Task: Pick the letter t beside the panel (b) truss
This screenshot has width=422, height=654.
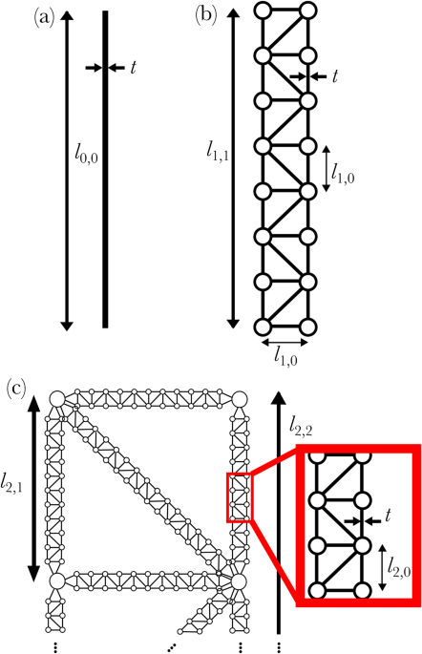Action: (335, 75)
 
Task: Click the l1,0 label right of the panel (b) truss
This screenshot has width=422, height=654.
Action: (340, 169)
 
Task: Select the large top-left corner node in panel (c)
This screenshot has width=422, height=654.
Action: (56, 399)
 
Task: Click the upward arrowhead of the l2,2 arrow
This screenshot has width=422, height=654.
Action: (278, 395)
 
